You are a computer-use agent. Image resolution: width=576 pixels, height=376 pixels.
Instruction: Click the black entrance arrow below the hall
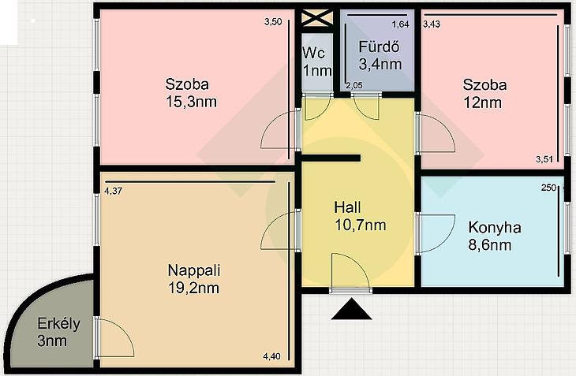coord(352,309)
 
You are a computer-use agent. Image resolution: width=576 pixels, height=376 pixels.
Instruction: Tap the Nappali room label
coord(194,270)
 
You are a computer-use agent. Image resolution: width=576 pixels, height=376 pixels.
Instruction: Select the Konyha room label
coord(495,228)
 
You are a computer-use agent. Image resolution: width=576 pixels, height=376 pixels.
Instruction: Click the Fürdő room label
coord(379,47)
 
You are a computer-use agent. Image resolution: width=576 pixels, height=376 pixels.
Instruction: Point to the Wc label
coord(314,53)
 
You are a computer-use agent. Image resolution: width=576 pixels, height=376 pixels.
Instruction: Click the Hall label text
coord(347,207)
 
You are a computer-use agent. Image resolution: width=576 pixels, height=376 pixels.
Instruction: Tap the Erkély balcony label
coord(58,324)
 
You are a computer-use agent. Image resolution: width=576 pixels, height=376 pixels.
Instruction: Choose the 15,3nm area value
coord(191,102)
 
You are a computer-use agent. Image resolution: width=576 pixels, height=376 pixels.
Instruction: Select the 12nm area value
coord(482,102)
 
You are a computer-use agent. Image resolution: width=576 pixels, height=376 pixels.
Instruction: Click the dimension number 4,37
coord(113,191)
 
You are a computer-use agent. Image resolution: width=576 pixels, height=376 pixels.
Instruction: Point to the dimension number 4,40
coord(272,356)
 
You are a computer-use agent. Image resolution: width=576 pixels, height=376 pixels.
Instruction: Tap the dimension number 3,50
coord(273,22)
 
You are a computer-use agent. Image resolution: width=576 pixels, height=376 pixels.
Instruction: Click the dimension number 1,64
coord(400,24)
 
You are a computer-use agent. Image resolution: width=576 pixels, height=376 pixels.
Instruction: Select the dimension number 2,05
coord(354,85)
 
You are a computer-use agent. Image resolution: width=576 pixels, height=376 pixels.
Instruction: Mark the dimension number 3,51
coord(544,159)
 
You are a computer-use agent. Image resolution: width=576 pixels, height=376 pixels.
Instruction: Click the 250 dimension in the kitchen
coord(548,188)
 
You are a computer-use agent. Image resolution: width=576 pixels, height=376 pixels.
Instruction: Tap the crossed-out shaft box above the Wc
coord(317,18)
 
